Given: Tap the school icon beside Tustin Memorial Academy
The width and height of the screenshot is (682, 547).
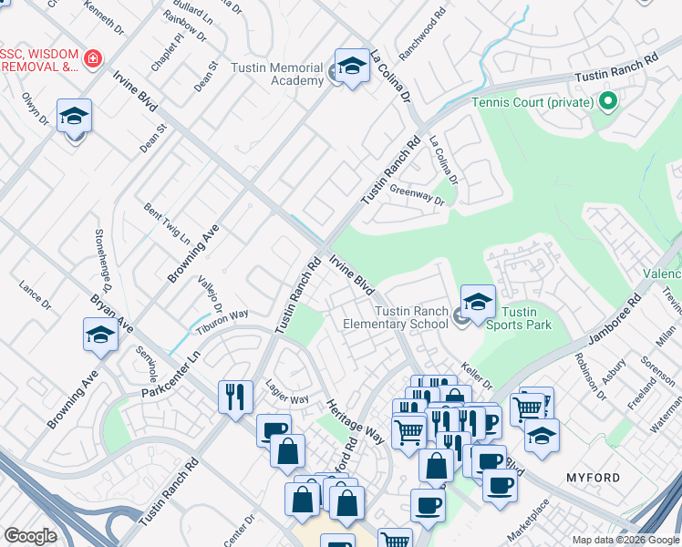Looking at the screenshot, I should (352, 66).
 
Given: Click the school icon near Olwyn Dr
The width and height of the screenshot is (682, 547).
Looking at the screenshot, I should (74, 117).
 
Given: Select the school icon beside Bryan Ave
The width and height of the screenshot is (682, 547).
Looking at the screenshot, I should (100, 335).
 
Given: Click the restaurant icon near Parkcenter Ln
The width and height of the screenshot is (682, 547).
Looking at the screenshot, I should (235, 396).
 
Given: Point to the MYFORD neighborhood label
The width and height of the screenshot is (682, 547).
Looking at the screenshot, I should (593, 478).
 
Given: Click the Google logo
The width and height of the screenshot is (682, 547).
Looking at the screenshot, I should (30, 536).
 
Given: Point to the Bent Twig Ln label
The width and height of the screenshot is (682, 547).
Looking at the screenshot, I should (168, 224).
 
